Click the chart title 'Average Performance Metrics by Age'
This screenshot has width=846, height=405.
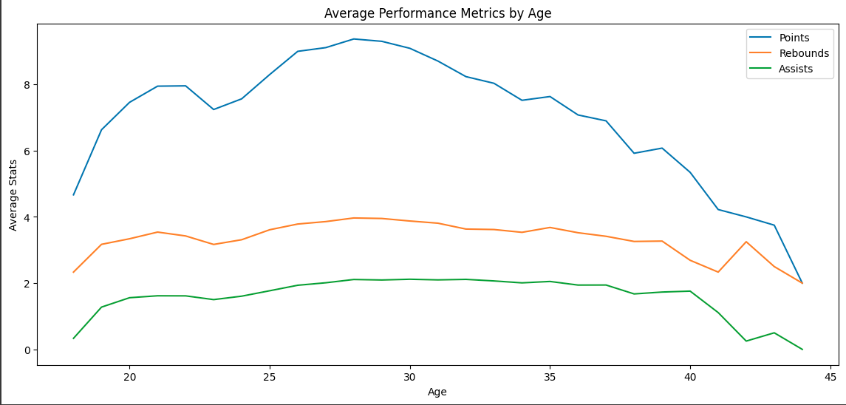pyautogui.click(x=437, y=13)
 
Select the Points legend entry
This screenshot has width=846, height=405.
pyautogui.click(x=794, y=38)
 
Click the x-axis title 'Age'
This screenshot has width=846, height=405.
pyautogui.click(x=437, y=392)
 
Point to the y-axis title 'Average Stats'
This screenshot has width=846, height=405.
pyautogui.click(x=13, y=195)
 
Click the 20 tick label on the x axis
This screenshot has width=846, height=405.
pyautogui.click(x=129, y=376)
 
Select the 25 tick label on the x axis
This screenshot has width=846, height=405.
pyautogui.click(x=270, y=376)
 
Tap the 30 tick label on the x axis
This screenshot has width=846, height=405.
pyautogui.click(x=409, y=376)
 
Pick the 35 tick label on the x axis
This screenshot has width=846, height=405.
pyautogui.click(x=550, y=376)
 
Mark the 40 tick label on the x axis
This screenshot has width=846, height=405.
pyautogui.click(x=690, y=376)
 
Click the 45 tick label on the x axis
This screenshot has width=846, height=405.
pyautogui.click(x=830, y=376)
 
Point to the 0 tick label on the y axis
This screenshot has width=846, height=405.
pyautogui.click(x=27, y=350)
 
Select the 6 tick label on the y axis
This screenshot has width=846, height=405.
pyautogui.click(x=27, y=152)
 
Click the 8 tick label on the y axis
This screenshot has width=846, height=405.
pyautogui.click(x=27, y=85)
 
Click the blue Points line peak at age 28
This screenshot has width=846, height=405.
pyautogui.click(x=354, y=39)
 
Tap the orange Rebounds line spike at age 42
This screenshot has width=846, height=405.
pyautogui.click(x=746, y=242)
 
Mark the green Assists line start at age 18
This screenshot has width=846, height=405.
pyautogui.click(x=73, y=338)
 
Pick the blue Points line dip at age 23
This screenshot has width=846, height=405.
pyautogui.click(x=214, y=109)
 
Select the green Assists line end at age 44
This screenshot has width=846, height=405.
pyautogui.click(x=802, y=350)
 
